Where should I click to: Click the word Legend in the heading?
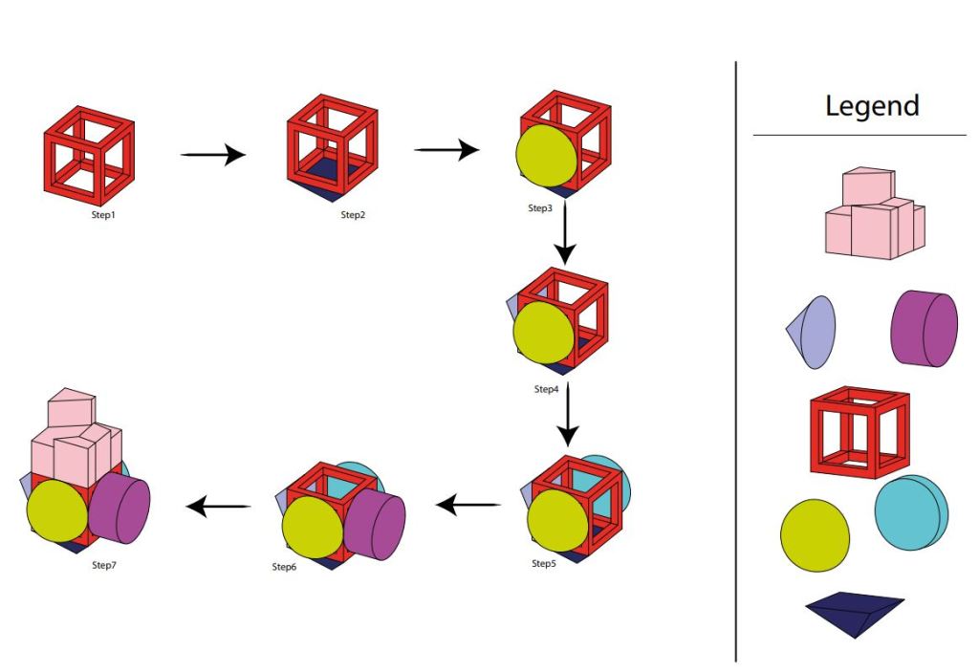pos(872,105)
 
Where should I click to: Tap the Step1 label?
pos(96,215)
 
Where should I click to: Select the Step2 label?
pos(353,215)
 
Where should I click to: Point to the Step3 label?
pos(540,208)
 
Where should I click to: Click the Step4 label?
pos(546,389)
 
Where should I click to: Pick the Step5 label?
pos(544,563)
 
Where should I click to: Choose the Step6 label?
pos(285,567)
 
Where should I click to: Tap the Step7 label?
pos(102,565)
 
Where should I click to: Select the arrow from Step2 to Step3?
pos(446,149)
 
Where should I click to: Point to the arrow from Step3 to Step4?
pos(565,234)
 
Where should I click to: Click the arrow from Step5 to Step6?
pos(468,503)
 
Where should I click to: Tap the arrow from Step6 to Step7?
pos(219,507)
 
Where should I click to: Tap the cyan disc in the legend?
pos(910,512)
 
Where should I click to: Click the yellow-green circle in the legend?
pos(815,535)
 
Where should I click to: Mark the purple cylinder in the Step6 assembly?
pos(373,526)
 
